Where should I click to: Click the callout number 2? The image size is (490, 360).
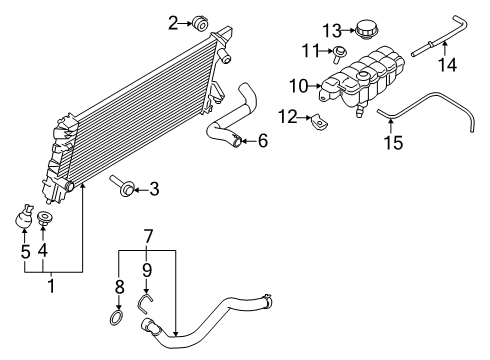pyautogui.click(x=173, y=22)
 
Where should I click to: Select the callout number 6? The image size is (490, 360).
pyautogui.click(x=262, y=141)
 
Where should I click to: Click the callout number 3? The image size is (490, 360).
pyautogui.click(x=153, y=187)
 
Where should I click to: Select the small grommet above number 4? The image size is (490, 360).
pyautogui.click(x=45, y=217)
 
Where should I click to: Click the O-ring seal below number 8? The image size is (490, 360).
pyautogui.click(x=119, y=320)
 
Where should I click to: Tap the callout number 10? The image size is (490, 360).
pyautogui.click(x=299, y=87)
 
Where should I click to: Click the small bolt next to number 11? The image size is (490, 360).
pyautogui.click(x=341, y=52)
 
